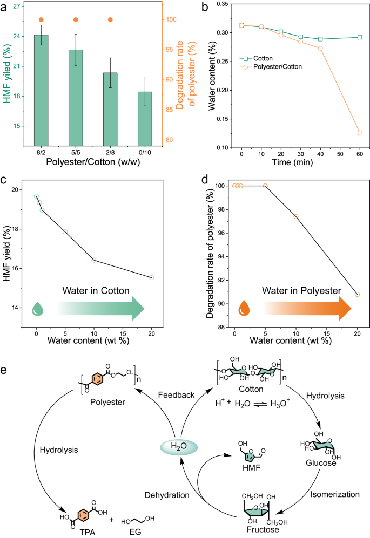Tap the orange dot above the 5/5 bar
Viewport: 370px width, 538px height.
coord(76,20)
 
